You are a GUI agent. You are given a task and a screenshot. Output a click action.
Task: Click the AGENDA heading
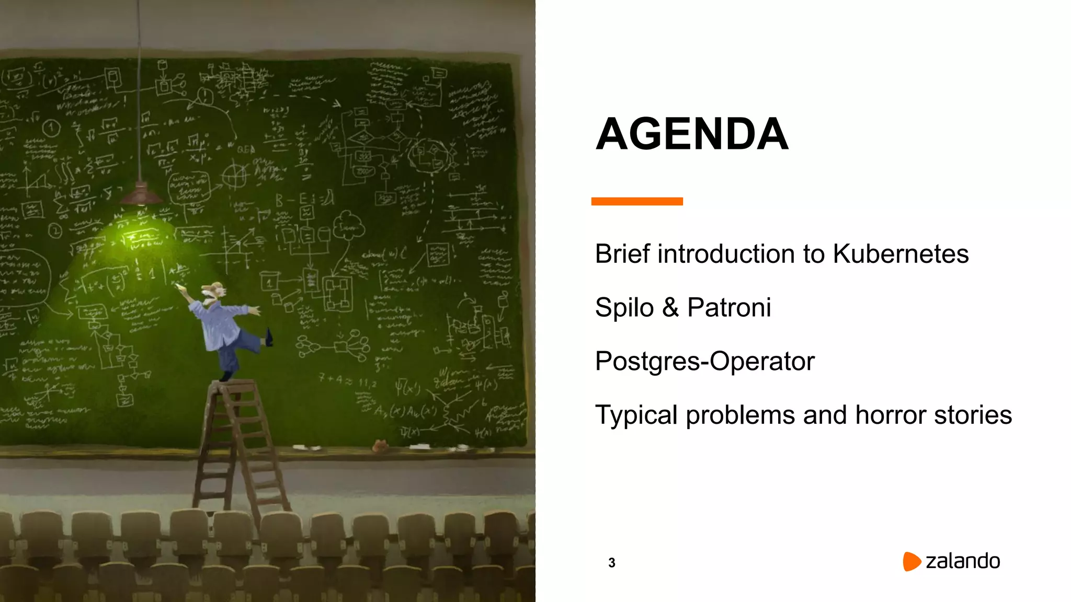pyautogui.click(x=691, y=134)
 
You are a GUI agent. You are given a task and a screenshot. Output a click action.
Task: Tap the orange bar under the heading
pyautogui.click(x=636, y=201)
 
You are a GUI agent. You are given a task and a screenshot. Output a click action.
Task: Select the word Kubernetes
pyautogui.click(x=900, y=254)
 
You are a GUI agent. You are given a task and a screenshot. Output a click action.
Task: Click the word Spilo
pyautogui.click(x=624, y=307)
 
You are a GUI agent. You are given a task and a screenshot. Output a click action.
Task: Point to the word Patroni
pyautogui.click(x=728, y=307)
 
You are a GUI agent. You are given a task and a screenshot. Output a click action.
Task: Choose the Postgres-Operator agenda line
pyautogui.click(x=704, y=361)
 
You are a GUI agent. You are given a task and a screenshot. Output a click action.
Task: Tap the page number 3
pyautogui.click(x=611, y=563)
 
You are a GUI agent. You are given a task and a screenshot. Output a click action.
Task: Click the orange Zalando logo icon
pyautogui.click(x=911, y=561)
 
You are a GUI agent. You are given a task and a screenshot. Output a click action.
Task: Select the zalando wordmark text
pyautogui.click(x=962, y=561)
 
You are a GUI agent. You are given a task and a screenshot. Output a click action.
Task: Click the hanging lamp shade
pyautogui.click(x=141, y=193)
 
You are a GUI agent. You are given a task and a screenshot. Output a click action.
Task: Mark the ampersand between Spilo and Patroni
pyautogui.click(x=670, y=307)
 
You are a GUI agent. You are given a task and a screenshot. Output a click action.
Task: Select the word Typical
pyautogui.click(x=636, y=415)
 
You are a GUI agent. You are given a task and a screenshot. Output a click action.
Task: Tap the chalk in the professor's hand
pyautogui.click(x=179, y=286)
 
